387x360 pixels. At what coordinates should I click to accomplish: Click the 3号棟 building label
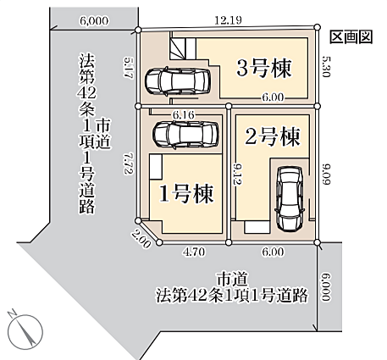click(x=265, y=68)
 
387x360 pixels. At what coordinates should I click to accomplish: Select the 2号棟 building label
click(x=274, y=136)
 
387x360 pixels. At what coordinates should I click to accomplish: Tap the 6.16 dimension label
click(x=184, y=114)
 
